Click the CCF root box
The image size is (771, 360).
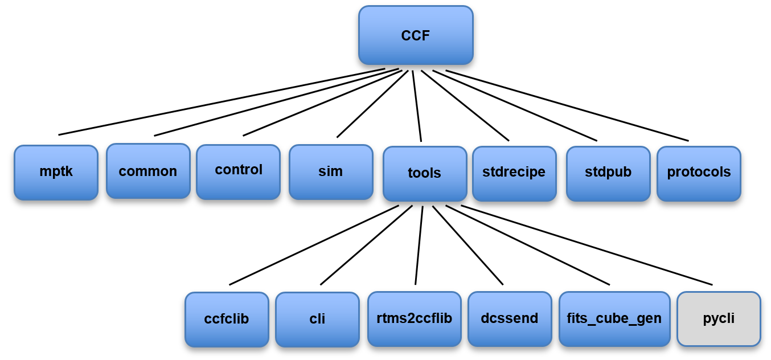point(416,35)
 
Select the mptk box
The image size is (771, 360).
point(56,172)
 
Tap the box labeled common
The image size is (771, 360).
point(148,171)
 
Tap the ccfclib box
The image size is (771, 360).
point(227,319)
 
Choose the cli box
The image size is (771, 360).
point(317,319)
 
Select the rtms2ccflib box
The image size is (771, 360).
point(415,318)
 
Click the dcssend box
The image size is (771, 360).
point(510,318)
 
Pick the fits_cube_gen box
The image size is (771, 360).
point(614,318)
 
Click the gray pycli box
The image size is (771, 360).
point(719,318)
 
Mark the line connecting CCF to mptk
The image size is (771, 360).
point(222,102)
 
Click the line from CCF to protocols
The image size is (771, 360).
point(567,105)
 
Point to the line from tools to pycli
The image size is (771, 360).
point(587,245)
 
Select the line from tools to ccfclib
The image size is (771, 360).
point(314,245)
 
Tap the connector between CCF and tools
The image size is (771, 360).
point(417,105)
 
